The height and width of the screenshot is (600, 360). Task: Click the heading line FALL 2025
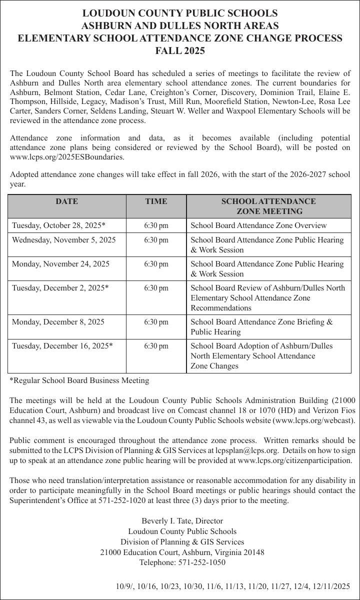tap(180, 51)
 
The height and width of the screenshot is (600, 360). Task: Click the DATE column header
tap(66, 201)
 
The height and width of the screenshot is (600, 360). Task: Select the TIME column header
tap(156, 201)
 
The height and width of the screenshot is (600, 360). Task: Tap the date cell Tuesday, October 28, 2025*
tap(58, 225)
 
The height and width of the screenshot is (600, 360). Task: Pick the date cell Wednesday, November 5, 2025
tap(63, 240)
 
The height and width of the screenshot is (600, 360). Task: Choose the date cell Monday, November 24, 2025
tap(60, 264)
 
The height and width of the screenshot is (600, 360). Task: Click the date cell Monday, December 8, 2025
tap(58, 322)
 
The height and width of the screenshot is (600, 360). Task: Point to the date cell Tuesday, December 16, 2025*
tap(62, 346)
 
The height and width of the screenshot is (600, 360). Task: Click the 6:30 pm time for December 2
tap(156, 288)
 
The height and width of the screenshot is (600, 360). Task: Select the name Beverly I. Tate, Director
tap(182, 521)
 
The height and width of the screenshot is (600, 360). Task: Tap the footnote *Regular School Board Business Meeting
tap(79, 380)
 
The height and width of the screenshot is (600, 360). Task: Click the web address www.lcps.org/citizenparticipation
tap(295, 460)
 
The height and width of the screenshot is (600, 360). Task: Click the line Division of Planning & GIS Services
tap(182, 542)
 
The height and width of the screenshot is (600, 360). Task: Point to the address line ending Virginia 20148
tap(182, 552)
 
